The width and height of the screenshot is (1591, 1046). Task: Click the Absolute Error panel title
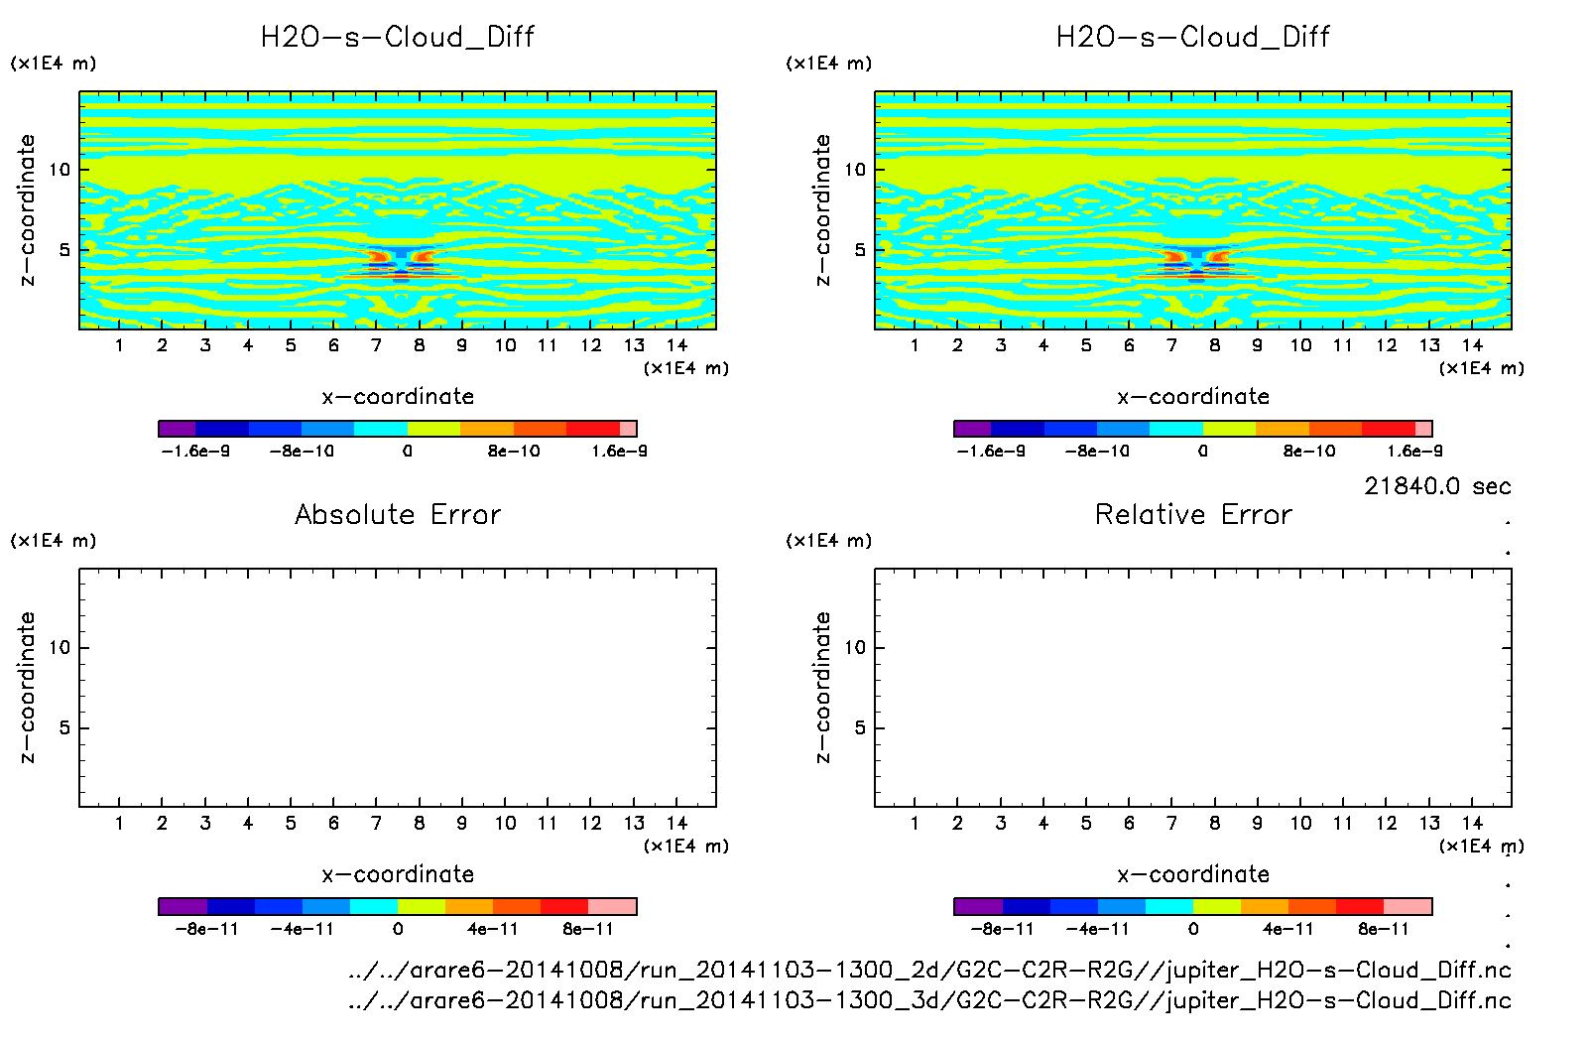tap(398, 514)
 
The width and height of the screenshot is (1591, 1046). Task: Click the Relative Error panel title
tap(1193, 514)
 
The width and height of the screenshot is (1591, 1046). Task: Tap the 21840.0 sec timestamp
tap(1437, 486)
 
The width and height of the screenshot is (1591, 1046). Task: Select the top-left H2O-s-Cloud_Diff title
tap(398, 38)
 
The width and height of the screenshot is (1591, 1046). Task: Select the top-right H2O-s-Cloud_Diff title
tap(1193, 38)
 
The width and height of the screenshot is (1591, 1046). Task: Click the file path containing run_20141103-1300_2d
tap(929, 970)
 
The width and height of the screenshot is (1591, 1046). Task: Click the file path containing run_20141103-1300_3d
tap(929, 999)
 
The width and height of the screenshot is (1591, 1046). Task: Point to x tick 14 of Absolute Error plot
tap(676, 823)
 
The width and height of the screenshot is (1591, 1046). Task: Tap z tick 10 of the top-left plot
tap(61, 170)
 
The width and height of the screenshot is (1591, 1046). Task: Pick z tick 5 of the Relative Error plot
tap(859, 728)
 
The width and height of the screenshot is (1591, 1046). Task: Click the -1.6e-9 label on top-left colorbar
tap(195, 452)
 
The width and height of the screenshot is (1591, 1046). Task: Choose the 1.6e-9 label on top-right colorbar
tap(1414, 452)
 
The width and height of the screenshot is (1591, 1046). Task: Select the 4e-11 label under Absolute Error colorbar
tap(493, 930)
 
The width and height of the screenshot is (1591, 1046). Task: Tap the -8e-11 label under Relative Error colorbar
tap(1003, 930)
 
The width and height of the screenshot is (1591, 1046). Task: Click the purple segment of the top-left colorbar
tap(178, 429)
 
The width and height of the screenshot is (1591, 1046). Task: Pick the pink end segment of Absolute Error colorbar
tap(612, 906)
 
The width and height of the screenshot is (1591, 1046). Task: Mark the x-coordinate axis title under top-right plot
tap(1193, 397)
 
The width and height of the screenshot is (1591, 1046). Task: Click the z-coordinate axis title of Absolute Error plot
tap(27, 687)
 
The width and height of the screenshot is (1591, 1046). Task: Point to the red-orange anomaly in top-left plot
tap(378, 256)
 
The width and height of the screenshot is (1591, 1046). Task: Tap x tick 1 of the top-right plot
tap(915, 345)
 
